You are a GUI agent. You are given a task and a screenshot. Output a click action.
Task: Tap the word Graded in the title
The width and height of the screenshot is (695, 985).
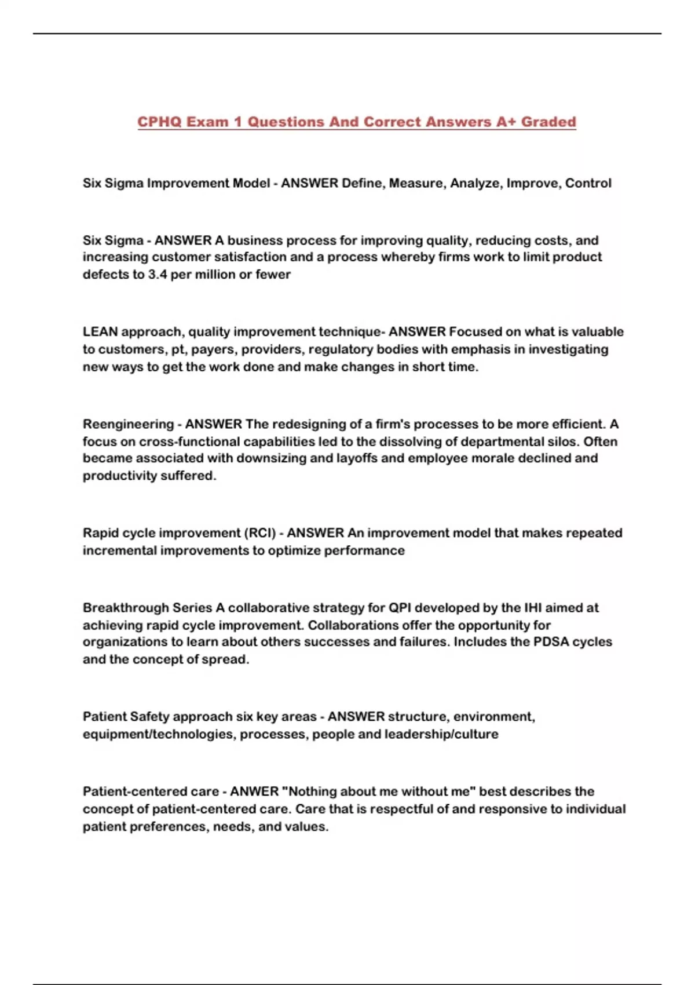(x=548, y=122)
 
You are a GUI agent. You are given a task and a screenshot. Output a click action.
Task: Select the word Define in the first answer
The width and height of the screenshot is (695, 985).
(x=361, y=184)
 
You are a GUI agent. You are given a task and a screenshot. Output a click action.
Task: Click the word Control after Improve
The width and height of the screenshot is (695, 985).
(x=588, y=184)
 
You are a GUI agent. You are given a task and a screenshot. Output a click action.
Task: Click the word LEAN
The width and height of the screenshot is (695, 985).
(x=100, y=332)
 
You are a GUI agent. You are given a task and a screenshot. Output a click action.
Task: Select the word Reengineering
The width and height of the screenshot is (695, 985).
(x=128, y=424)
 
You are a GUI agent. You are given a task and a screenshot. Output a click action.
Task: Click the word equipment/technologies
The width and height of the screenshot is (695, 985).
(x=159, y=734)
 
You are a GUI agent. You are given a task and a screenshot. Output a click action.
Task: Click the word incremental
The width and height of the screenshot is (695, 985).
(x=119, y=550)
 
